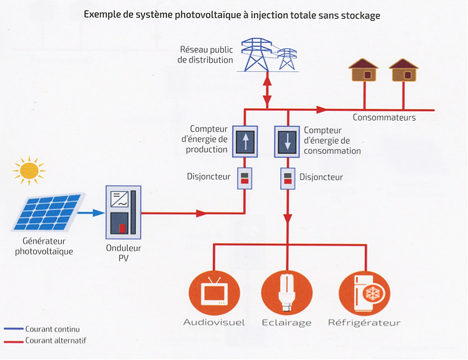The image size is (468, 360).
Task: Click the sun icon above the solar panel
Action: (x=29, y=170)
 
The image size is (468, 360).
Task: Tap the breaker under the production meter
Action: (x=244, y=177)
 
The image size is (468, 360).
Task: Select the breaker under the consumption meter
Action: (x=288, y=178)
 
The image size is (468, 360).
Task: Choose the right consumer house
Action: (x=403, y=70)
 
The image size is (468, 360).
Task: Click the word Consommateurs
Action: (x=384, y=117)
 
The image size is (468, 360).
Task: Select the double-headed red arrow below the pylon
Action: (x=268, y=90)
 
